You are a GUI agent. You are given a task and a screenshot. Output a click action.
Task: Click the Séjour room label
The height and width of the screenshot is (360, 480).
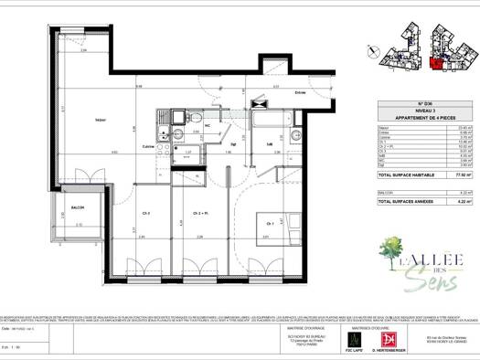100,120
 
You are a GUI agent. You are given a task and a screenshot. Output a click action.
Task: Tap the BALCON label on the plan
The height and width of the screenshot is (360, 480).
77,207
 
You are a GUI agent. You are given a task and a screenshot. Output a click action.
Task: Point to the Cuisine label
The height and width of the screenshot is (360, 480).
147,146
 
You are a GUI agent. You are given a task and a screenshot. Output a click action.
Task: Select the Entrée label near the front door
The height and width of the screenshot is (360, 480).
274,92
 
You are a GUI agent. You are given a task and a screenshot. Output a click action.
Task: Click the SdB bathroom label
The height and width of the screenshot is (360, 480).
271,144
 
